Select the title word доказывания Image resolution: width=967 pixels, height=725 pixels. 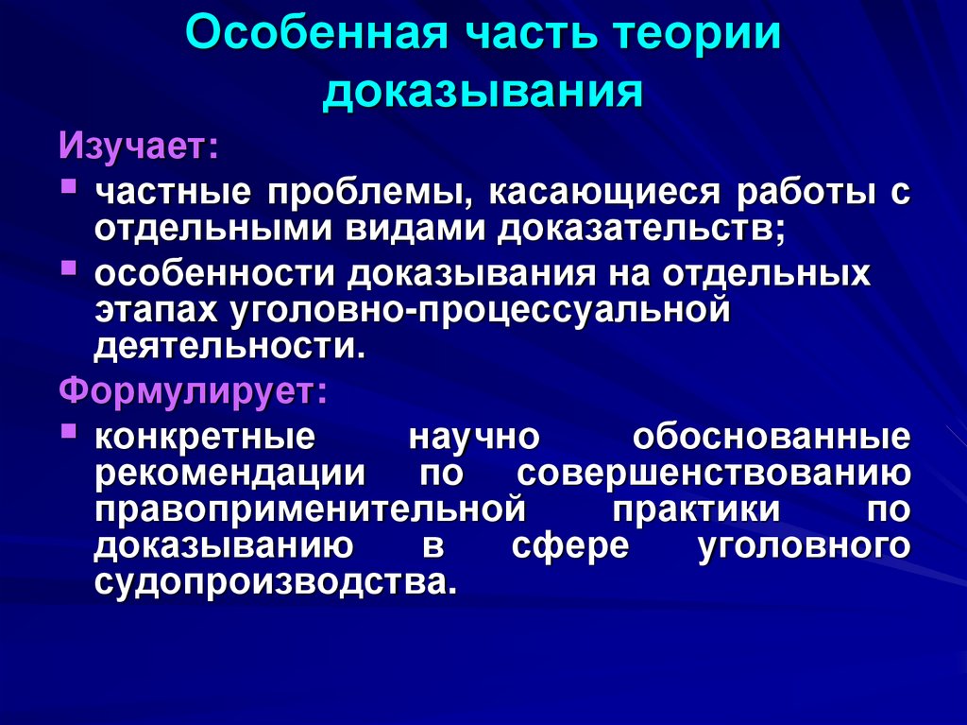[483, 94]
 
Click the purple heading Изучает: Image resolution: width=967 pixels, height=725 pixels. [139, 146]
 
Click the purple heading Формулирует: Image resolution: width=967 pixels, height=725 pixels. [193, 389]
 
